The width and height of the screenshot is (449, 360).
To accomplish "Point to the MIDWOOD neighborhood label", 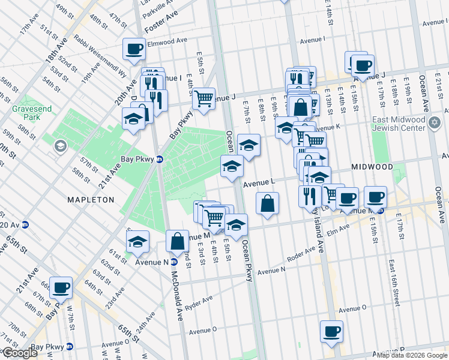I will click(372, 167).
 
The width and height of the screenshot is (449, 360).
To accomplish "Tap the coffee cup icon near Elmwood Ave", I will click(134, 49).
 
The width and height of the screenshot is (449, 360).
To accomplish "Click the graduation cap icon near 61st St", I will click(138, 241).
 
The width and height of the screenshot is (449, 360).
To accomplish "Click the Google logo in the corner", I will click(20, 353).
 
